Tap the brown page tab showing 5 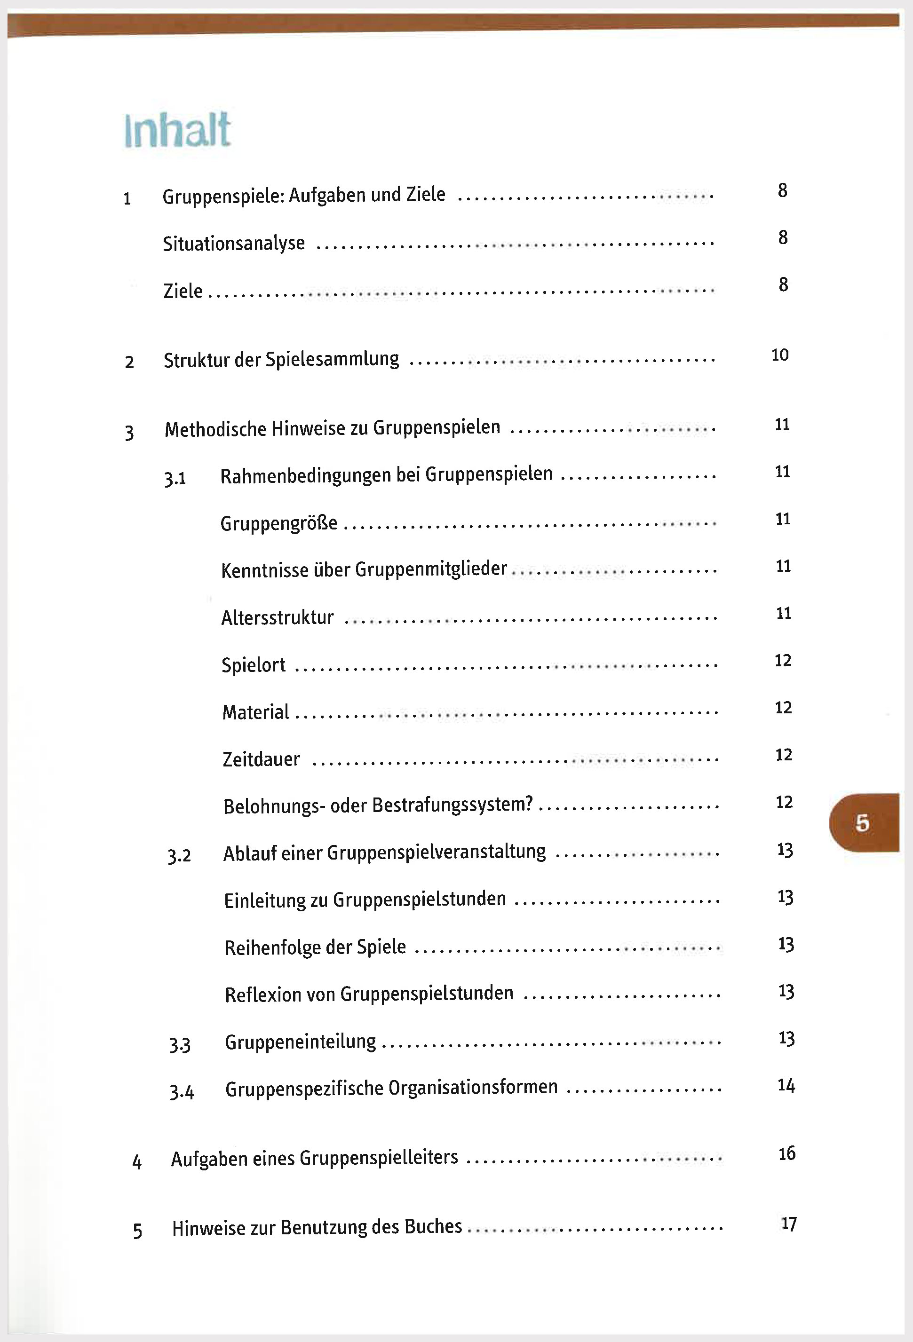863,822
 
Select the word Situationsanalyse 233,244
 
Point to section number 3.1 175,479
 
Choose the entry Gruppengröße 278,524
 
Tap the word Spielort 254,665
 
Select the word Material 255,712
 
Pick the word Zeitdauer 261,759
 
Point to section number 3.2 179,856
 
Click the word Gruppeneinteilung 300,1042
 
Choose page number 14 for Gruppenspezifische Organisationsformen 786,1086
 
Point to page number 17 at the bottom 789,1224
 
